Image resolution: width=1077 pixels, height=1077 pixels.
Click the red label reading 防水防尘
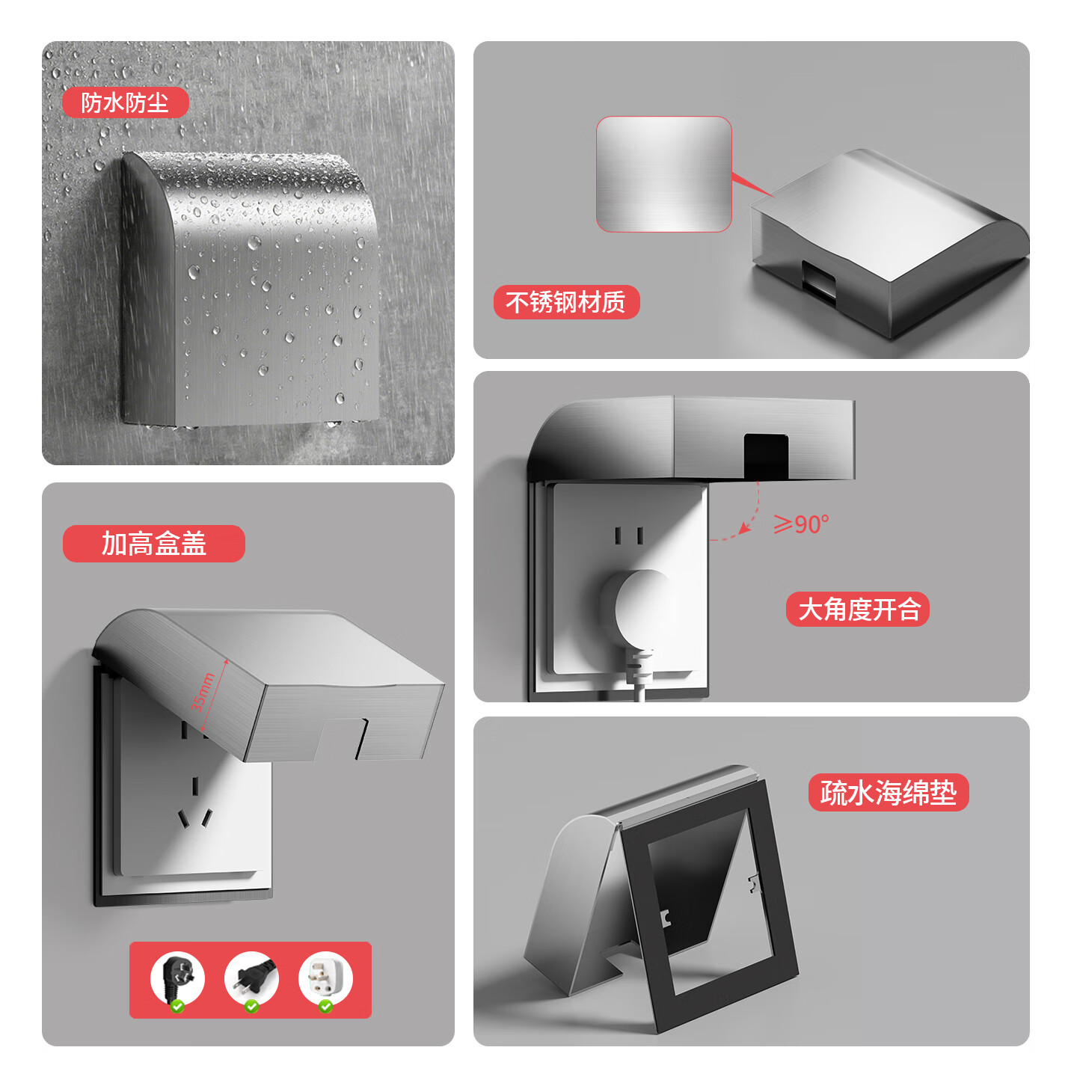click(125, 102)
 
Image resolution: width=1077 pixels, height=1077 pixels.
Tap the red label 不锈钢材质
click(566, 302)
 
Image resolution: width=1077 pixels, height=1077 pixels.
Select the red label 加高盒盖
click(154, 543)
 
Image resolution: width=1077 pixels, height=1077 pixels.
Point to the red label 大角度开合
click(857, 610)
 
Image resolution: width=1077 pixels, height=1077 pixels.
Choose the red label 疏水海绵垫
click(888, 792)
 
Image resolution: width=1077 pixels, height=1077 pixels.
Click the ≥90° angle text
click(801, 524)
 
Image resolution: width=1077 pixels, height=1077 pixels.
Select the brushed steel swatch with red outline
click(664, 174)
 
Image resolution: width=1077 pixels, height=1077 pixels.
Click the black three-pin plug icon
click(178, 978)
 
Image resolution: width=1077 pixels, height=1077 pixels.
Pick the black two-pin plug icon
click(251, 978)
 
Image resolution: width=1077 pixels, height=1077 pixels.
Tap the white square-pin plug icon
click(325, 978)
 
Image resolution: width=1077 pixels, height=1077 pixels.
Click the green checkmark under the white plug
click(325, 1006)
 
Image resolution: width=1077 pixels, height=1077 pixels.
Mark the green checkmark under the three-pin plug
click(178, 1006)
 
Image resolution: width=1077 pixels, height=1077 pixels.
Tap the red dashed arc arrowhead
click(744, 527)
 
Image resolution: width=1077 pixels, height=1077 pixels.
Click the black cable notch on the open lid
click(766, 456)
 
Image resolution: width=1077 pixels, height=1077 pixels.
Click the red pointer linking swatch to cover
click(752, 185)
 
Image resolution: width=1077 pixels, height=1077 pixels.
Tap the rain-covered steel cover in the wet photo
click(251, 289)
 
